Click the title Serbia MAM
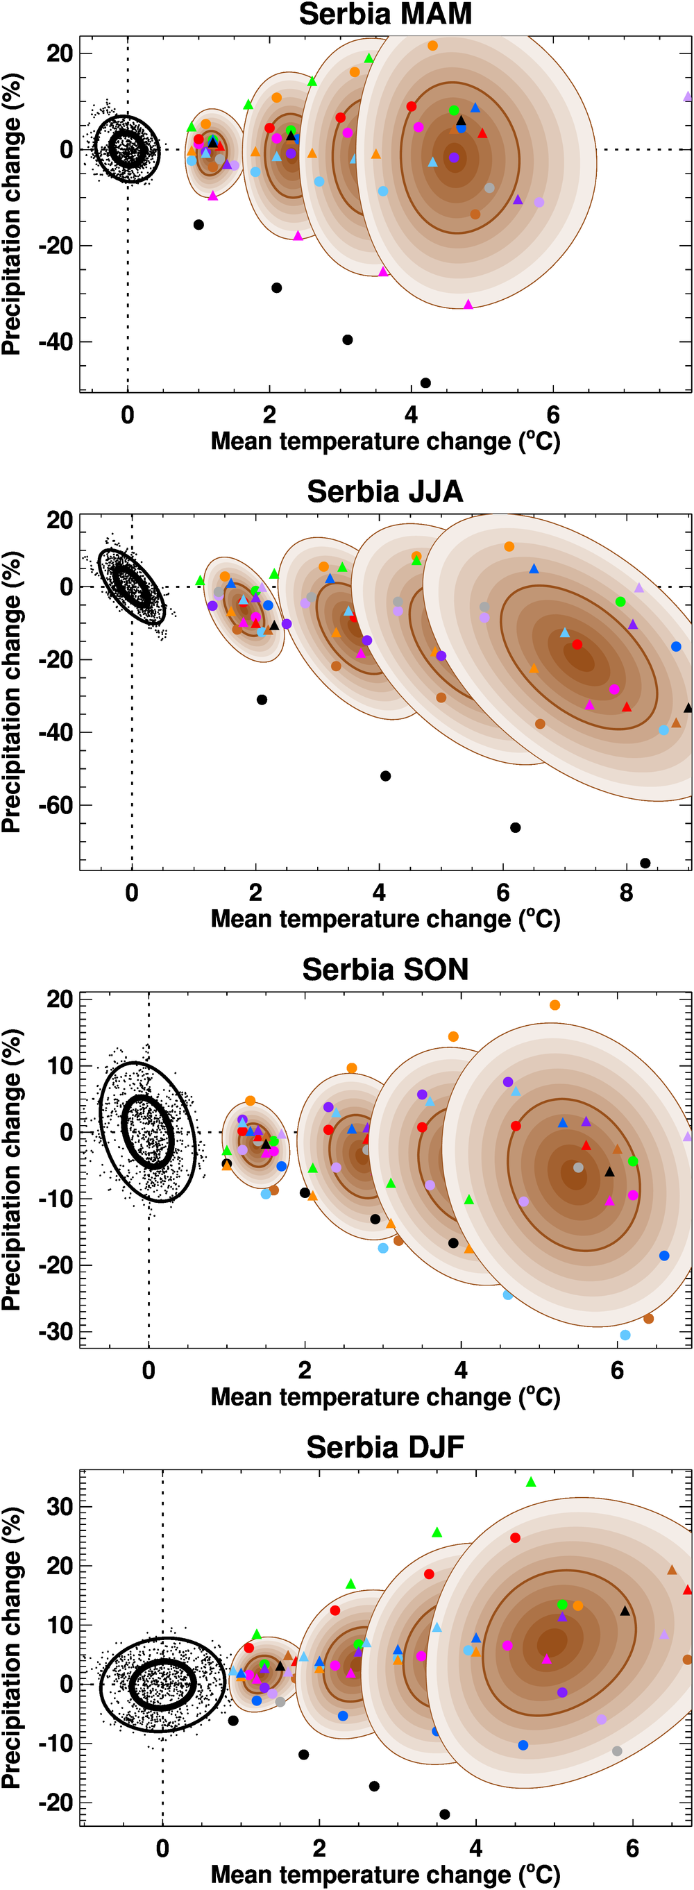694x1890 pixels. point(385,15)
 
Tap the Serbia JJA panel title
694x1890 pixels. point(385,491)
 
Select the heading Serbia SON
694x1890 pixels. point(385,970)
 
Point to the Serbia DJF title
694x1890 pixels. point(385,1448)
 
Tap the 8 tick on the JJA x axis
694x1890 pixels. point(626,893)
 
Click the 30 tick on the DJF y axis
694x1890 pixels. point(59,1507)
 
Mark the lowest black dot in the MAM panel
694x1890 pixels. point(425,383)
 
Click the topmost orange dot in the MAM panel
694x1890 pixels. point(433,46)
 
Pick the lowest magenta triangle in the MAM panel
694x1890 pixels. point(468,305)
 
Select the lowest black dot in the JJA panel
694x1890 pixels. point(645,863)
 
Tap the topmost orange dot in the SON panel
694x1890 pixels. point(555,1005)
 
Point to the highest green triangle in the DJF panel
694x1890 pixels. point(531,1482)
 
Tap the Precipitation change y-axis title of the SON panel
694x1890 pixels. point(12,1170)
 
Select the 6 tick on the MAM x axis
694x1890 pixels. point(553,415)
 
